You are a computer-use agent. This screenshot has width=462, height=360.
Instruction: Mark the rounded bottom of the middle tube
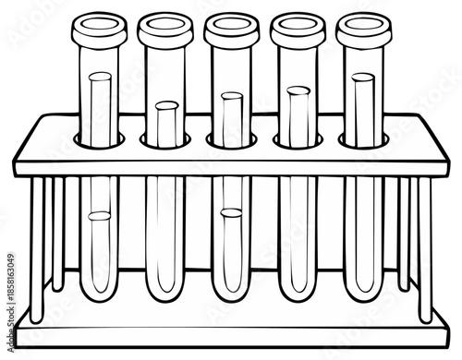click(230, 295)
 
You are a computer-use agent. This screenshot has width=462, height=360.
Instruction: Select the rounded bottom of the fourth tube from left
click(297, 295)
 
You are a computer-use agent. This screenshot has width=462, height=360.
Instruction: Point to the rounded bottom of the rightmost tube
click(363, 295)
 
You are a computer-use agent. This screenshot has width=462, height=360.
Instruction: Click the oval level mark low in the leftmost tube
click(98, 217)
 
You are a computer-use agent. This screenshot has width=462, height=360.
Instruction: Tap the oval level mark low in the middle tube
click(231, 213)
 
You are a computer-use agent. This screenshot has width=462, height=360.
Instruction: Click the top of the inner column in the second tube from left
click(165, 106)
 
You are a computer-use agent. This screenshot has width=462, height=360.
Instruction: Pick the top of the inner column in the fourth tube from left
click(297, 90)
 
